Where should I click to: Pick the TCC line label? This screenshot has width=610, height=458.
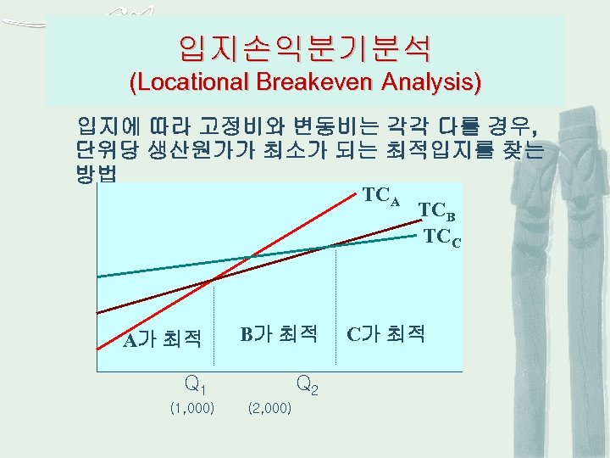[x=442, y=237]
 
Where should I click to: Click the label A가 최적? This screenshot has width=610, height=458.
[x=162, y=340]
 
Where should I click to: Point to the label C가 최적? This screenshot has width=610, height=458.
[x=385, y=333]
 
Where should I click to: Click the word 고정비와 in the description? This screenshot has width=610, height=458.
[x=241, y=130]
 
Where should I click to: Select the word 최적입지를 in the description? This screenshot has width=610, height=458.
[x=455, y=151]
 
